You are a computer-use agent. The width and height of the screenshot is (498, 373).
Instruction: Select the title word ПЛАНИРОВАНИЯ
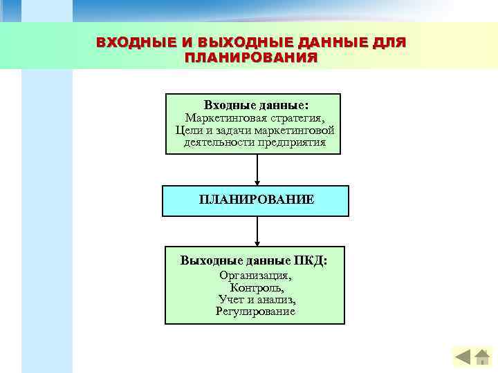252,57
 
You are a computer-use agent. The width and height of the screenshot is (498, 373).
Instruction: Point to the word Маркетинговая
221,118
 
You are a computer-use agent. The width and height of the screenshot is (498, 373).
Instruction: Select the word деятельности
217,143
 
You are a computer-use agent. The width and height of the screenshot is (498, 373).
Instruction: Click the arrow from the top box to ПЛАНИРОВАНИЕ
257,169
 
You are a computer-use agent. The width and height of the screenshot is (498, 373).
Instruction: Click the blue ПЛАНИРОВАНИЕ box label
256,200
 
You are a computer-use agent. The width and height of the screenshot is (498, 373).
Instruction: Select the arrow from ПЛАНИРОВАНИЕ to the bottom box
257,231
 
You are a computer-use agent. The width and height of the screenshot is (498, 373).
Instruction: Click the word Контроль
255,287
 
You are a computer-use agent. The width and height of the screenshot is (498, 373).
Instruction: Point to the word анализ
275,299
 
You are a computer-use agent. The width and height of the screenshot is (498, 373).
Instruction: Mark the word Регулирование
255,312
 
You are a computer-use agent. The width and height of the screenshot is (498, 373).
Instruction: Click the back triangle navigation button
463,357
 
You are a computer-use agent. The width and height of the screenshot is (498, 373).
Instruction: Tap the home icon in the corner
483,357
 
